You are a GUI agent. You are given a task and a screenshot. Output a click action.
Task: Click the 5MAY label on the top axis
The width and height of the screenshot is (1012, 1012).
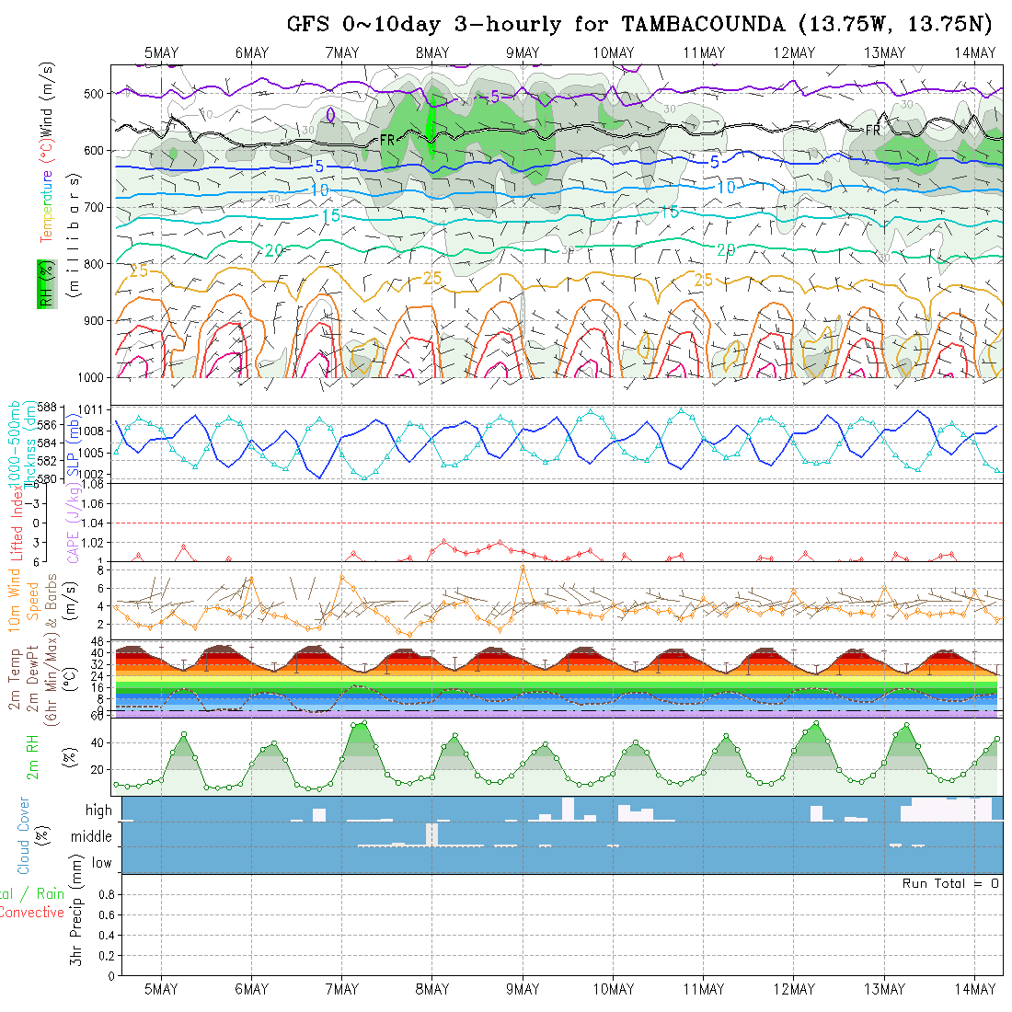click(161, 53)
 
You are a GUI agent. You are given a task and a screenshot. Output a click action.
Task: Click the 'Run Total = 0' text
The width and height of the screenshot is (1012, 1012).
click(950, 883)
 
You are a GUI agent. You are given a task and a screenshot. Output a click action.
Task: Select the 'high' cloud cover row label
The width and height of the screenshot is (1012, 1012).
click(98, 811)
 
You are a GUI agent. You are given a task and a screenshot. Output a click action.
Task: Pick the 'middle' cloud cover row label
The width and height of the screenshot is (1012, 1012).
click(92, 836)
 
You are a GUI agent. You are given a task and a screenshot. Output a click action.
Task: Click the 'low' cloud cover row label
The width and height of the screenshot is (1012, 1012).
click(101, 863)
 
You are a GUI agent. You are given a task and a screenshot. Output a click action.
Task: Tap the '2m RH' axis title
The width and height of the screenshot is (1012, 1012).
click(33, 757)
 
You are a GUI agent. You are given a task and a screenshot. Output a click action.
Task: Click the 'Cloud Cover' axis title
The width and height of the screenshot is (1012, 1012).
click(23, 835)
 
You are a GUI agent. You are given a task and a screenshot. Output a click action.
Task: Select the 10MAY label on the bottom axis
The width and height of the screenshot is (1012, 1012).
click(613, 989)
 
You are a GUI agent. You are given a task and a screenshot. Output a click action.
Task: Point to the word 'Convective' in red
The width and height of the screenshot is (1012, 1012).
click(32, 913)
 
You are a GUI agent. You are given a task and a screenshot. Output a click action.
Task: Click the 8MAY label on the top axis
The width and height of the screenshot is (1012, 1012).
click(431, 53)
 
